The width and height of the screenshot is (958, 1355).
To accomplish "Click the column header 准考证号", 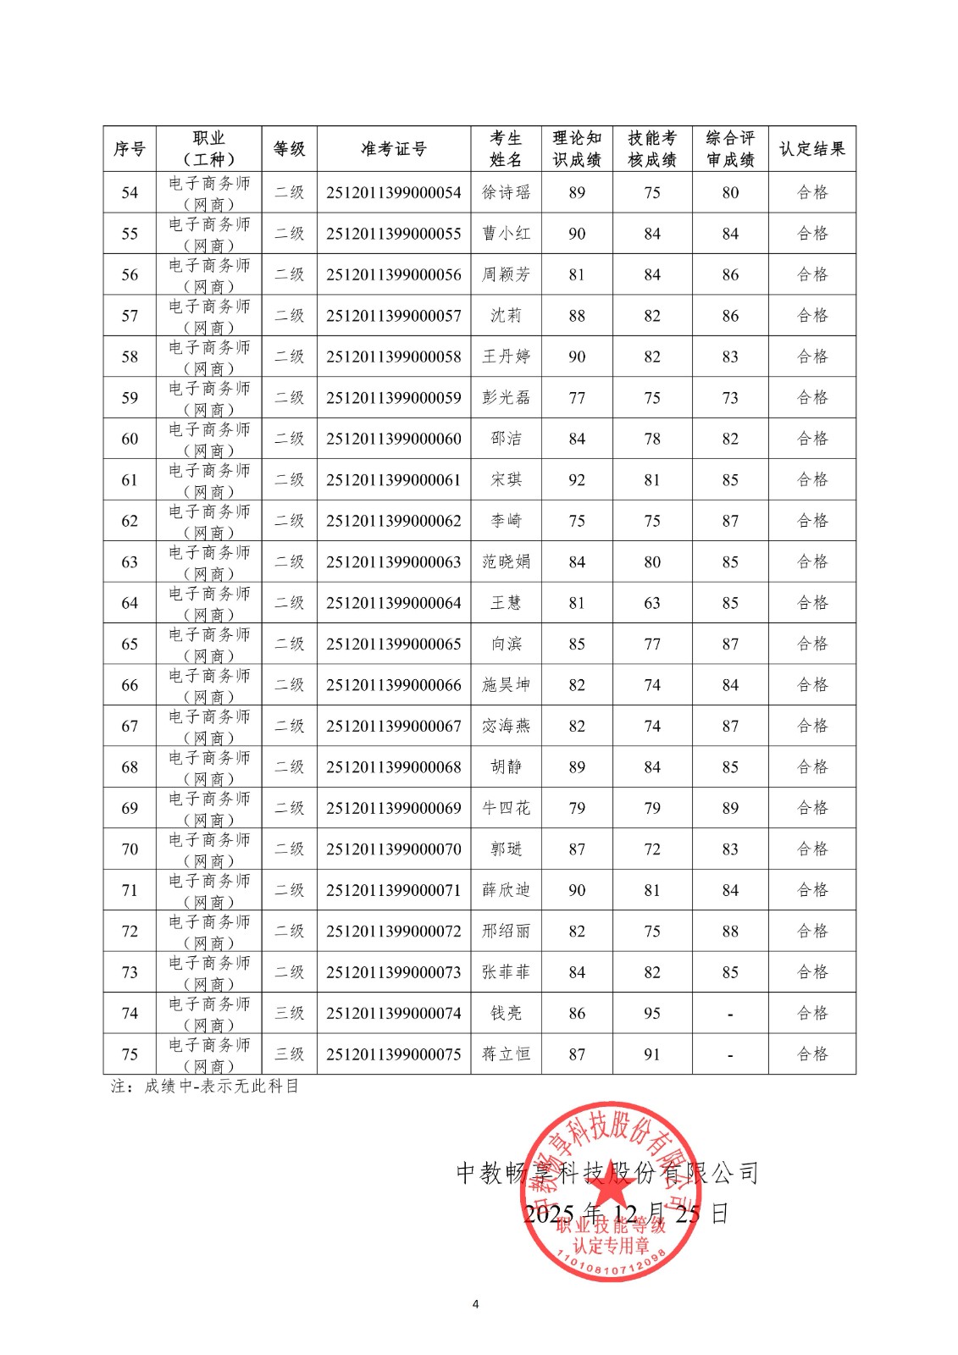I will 393,149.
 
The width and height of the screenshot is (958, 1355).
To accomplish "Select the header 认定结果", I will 811,149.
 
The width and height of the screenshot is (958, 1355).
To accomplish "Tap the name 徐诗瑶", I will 506,192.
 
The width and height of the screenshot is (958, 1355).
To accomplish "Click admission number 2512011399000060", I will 393,439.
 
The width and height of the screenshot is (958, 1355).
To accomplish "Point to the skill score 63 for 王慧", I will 651,603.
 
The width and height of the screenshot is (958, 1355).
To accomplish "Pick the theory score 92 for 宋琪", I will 577,480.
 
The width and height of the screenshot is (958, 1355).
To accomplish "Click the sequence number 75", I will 130,1054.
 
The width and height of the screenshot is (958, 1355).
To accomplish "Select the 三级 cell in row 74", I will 289,1013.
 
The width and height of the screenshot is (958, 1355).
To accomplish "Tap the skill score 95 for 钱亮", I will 651,1013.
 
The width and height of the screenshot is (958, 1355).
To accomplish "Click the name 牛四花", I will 506,808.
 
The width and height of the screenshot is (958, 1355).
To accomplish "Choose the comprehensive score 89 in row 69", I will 730,808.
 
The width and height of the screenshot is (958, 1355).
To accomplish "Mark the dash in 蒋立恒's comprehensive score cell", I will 730,1055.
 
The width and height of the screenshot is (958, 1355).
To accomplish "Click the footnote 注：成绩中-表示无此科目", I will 205,1086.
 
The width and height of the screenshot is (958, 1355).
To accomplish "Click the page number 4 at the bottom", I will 475,1303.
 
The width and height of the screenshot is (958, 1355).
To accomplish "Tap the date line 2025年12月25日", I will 625,1214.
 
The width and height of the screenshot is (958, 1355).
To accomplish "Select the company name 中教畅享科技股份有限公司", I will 606,1173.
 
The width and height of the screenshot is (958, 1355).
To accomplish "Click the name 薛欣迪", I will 506,890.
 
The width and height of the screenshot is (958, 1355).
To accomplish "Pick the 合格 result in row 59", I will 811,397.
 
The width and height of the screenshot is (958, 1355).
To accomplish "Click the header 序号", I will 130,149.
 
